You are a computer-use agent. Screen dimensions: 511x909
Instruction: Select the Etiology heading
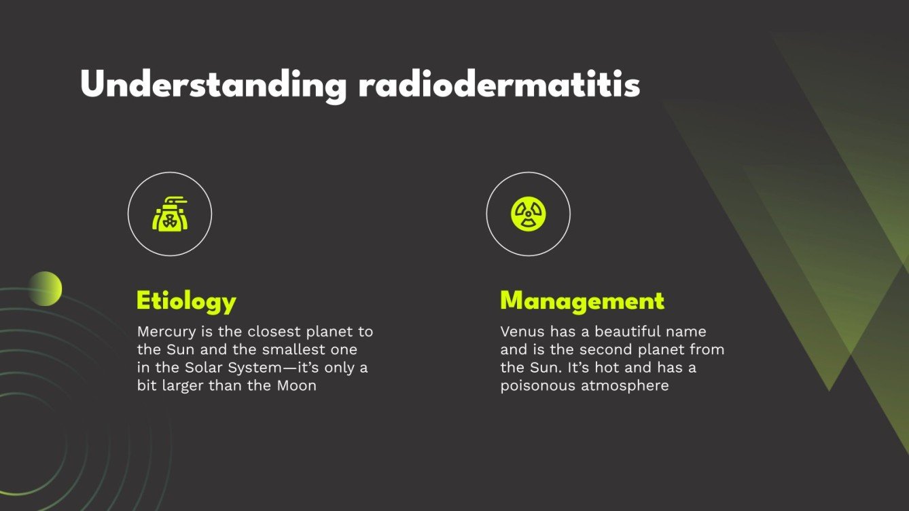point(186,301)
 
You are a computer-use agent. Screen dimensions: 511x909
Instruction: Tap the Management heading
point(582,301)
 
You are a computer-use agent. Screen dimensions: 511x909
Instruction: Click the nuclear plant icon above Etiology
point(170,214)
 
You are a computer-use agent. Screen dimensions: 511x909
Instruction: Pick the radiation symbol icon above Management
point(528,214)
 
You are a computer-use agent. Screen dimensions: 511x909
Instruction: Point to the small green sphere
point(45,288)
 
